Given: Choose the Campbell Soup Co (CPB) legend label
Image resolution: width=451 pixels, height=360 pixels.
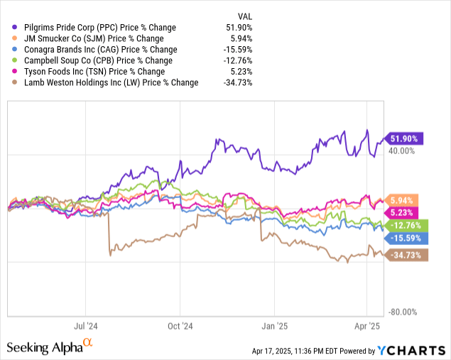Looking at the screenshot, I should point(95,60).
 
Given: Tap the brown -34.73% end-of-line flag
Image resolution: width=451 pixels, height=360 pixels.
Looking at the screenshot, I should point(404,255).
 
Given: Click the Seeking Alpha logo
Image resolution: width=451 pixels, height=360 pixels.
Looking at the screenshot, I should point(50,347).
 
